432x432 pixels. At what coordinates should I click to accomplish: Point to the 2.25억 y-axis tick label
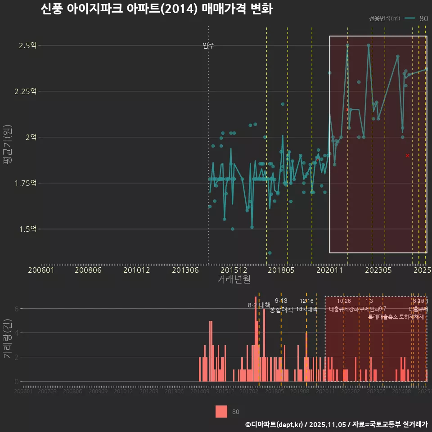(26, 91)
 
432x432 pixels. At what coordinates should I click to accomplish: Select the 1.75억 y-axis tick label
(26, 183)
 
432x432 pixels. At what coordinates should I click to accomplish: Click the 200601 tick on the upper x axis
(41, 270)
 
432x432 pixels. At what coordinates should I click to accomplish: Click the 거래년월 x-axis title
(234, 279)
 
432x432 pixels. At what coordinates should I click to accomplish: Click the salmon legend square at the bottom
(221, 411)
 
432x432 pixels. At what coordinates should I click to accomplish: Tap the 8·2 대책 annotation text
(259, 305)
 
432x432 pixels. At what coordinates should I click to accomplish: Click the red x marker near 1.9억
(407, 155)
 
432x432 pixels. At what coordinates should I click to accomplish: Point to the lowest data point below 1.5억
(270, 253)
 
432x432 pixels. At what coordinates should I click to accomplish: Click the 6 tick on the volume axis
(17, 309)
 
